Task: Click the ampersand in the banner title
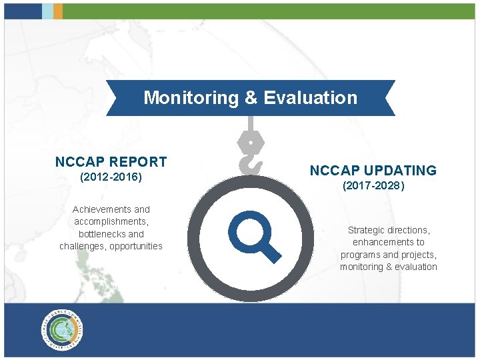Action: [x=251, y=98]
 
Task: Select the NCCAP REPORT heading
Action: [x=111, y=162]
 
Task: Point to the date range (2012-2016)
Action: [x=111, y=178]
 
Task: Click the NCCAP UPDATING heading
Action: [x=373, y=171]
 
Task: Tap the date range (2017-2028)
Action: [x=373, y=187]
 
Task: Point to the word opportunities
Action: [x=137, y=246]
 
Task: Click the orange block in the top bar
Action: [x=58, y=11]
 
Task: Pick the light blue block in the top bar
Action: [x=47, y=11]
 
